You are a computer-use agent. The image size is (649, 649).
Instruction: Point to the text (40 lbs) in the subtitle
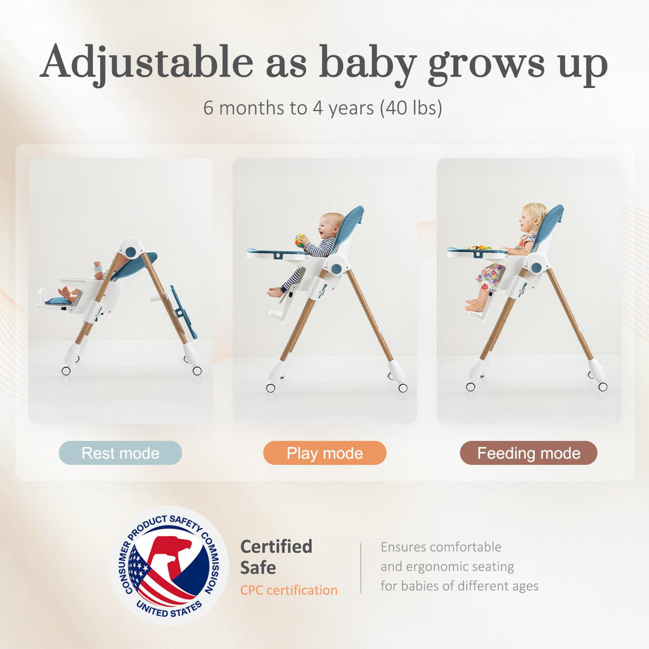tap(411, 108)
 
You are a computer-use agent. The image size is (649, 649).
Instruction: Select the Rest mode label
tap(120, 453)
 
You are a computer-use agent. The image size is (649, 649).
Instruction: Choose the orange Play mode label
tap(324, 453)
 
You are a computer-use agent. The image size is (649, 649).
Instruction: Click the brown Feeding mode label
tap(529, 453)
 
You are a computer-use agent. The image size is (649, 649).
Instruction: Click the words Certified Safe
tap(276, 556)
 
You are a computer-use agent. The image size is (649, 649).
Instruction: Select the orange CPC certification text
tap(288, 590)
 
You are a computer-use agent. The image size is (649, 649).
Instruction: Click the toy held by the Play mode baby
tap(300, 240)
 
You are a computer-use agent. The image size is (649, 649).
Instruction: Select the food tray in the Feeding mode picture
tap(477, 252)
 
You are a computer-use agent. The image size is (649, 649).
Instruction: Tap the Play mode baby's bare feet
tap(275, 292)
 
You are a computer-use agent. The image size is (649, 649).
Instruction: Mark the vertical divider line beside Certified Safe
tap(361, 567)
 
